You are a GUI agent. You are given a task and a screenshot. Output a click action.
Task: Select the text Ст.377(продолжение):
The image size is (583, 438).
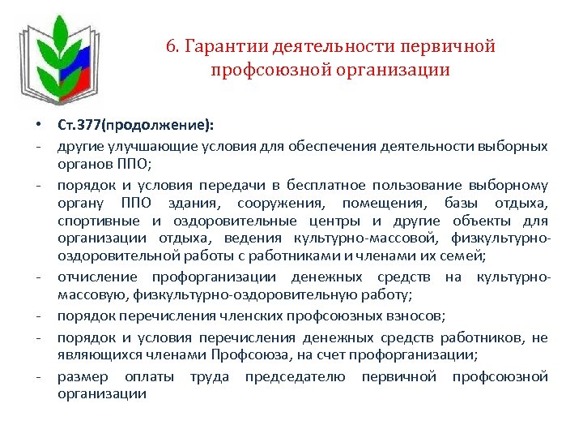point(136,127)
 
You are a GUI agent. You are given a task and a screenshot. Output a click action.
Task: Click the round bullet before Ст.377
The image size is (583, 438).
point(39,127)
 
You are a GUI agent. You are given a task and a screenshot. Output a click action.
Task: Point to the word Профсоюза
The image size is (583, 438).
point(249,354)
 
